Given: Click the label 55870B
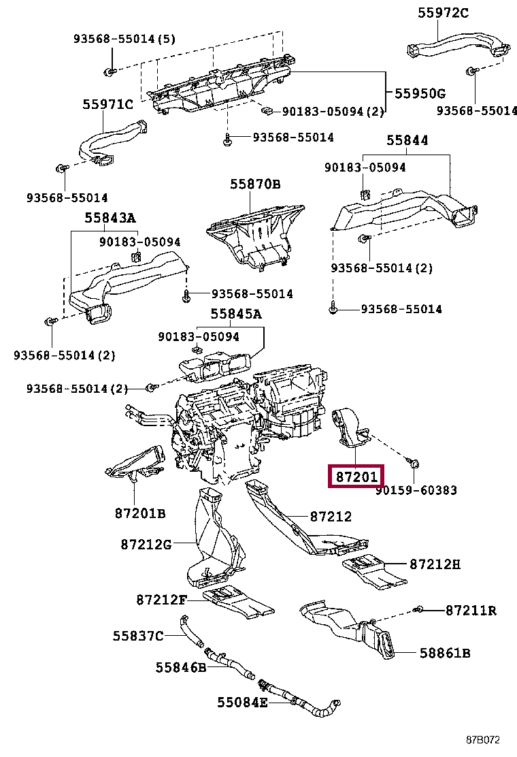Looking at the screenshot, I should (x=255, y=184).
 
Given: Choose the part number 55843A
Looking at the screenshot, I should (x=110, y=218).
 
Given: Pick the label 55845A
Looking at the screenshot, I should (x=235, y=314).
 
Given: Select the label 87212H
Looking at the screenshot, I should (x=435, y=564).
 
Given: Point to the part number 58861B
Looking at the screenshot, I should (x=445, y=654).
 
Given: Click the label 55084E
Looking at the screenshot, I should (x=242, y=701).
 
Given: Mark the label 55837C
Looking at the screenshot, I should (x=138, y=636).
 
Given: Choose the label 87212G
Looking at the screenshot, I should (x=146, y=544).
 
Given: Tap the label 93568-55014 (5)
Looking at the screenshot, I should (x=124, y=39).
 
